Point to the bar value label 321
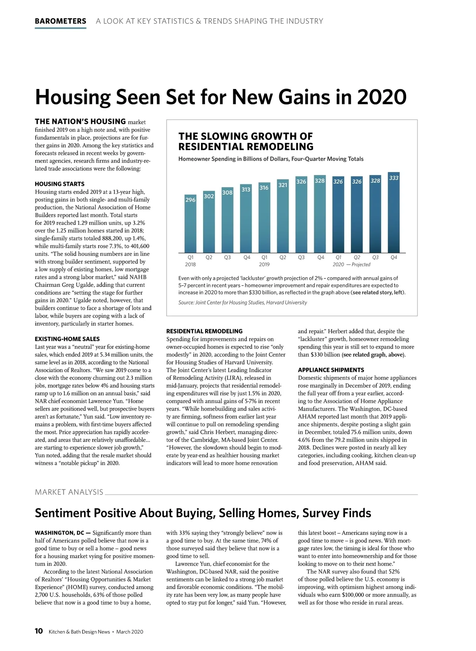283,185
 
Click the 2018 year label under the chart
190,265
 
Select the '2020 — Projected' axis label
351,265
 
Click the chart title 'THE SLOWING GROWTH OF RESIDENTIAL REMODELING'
246,142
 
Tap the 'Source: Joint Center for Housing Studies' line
242,303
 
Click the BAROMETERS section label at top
60,21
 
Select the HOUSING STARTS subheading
59,184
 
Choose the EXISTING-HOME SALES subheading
67,339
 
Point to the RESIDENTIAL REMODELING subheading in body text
204,331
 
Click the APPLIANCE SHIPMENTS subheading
331,370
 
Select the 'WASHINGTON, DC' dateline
59,533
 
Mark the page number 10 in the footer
39,631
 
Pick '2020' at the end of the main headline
382,97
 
